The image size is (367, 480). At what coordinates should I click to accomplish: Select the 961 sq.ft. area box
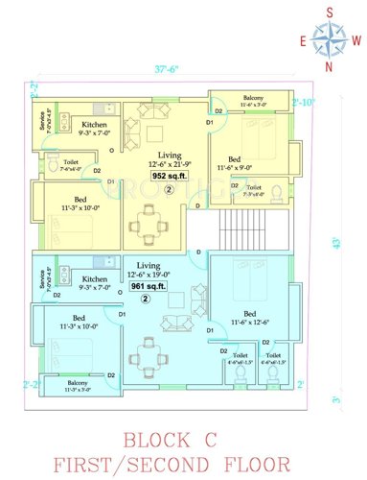[148, 284]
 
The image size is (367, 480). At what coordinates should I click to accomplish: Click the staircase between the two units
[241, 229]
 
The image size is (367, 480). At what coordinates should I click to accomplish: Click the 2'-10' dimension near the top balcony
[304, 102]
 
